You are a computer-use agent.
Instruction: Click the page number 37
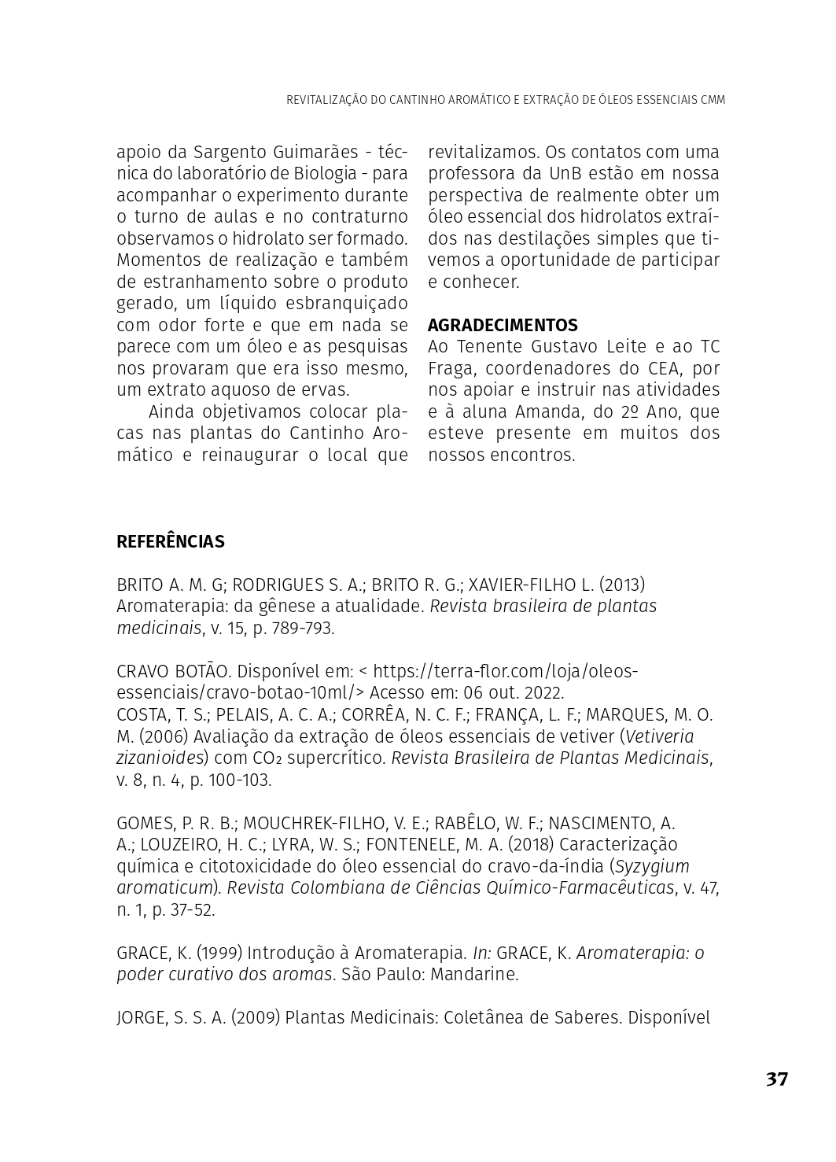coord(776,1079)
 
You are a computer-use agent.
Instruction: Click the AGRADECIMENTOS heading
coord(503,325)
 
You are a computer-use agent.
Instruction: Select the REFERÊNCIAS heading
coord(171,541)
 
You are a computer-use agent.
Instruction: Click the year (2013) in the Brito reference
coord(622,585)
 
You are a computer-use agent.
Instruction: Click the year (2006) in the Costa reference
coord(164,736)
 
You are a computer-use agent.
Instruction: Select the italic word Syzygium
coord(652,866)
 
